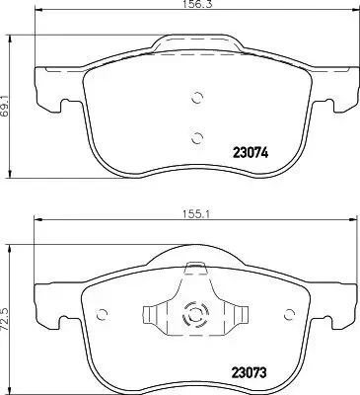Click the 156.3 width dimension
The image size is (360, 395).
(x=195, y=7)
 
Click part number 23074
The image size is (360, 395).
(x=252, y=153)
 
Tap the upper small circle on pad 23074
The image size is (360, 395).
(x=195, y=98)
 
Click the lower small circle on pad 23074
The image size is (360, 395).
(x=195, y=137)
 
